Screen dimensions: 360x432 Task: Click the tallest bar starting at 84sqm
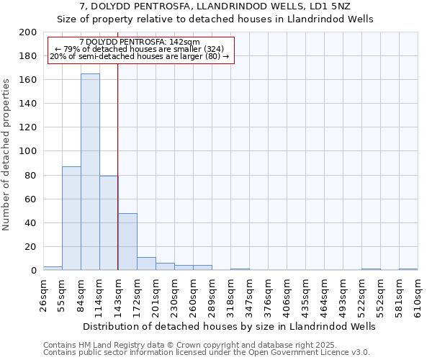click(90, 172)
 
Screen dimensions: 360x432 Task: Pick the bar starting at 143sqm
click(127, 242)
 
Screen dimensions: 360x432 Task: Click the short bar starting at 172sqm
click(146, 264)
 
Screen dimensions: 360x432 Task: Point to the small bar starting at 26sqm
click(53, 268)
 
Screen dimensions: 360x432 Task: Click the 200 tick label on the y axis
click(27, 32)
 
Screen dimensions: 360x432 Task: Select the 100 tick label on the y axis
click(27, 151)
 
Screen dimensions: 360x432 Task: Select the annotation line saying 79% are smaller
click(140, 50)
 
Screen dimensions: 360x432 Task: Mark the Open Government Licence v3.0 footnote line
click(206, 353)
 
